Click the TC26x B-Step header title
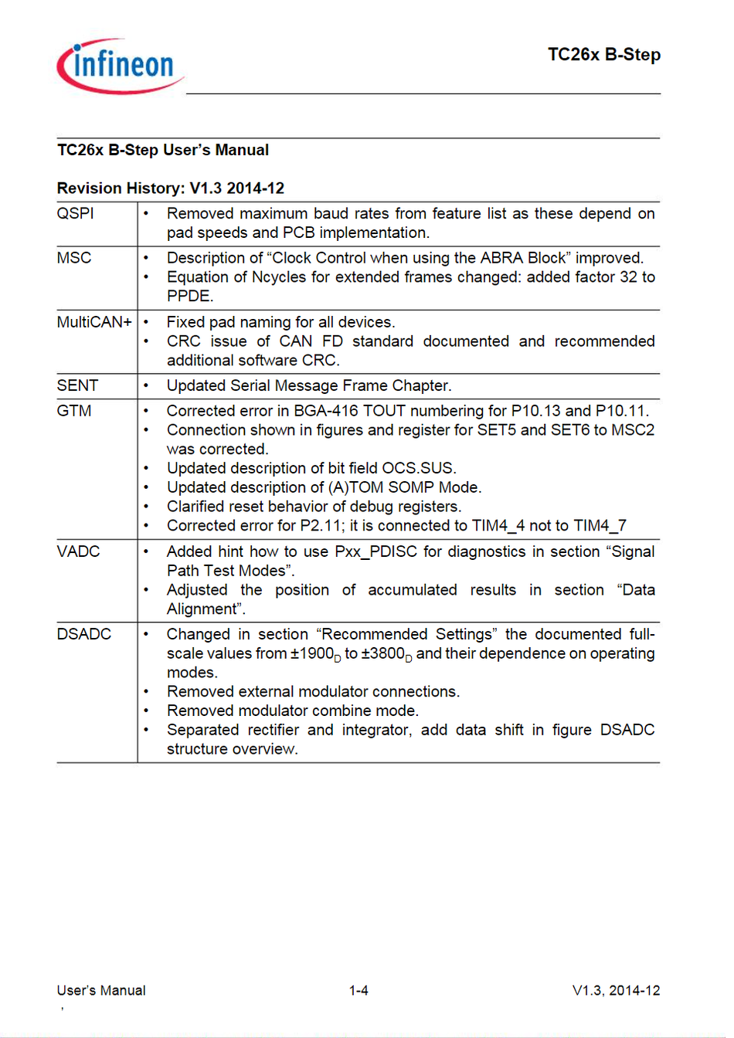pyautogui.click(x=603, y=55)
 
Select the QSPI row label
pyautogui.click(x=75, y=213)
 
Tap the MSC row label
pyautogui.click(x=74, y=258)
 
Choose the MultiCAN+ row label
pyautogui.click(x=94, y=322)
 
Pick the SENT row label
pyautogui.click(x=77, y=385)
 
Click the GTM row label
pyautogui.click(x=74, y=411)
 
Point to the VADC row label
pyautogui.click(x=78, y=551)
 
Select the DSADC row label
pyautogui.click(x=83, y=634)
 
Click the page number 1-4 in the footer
pyautogui.click(x=359, y=990)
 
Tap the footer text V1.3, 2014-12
pyautogui.click(x=616, y=990)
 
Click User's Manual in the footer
pyautogui.click(x=101, y=990)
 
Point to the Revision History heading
pyautogui.click(x=171, y=188)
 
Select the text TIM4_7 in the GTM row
pyautogui.click(x=600, y=526)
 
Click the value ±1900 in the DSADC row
pyautogui.click(x=312, y=653)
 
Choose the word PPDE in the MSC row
pyautogui.click(x=189, y=296)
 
